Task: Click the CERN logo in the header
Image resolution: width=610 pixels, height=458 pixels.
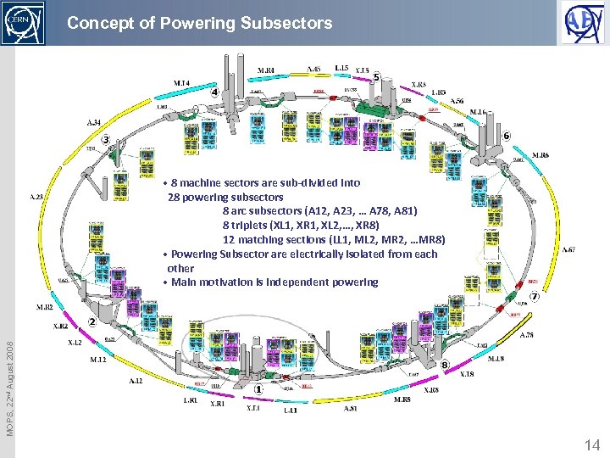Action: point(24,23)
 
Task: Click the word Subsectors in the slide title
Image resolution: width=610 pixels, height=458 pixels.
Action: point(286,24)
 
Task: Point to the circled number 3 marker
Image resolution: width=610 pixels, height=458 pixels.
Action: point(106,139)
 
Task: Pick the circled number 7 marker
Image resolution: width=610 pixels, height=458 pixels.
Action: point(535,297)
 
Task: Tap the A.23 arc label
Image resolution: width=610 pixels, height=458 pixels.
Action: point(37,196)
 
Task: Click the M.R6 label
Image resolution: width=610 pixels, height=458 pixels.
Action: point(541,155)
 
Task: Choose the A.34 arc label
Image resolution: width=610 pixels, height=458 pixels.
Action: point(94,122)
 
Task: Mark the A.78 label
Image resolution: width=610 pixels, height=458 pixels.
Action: point(526,334)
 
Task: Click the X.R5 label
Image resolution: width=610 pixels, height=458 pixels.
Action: point(419,84)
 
